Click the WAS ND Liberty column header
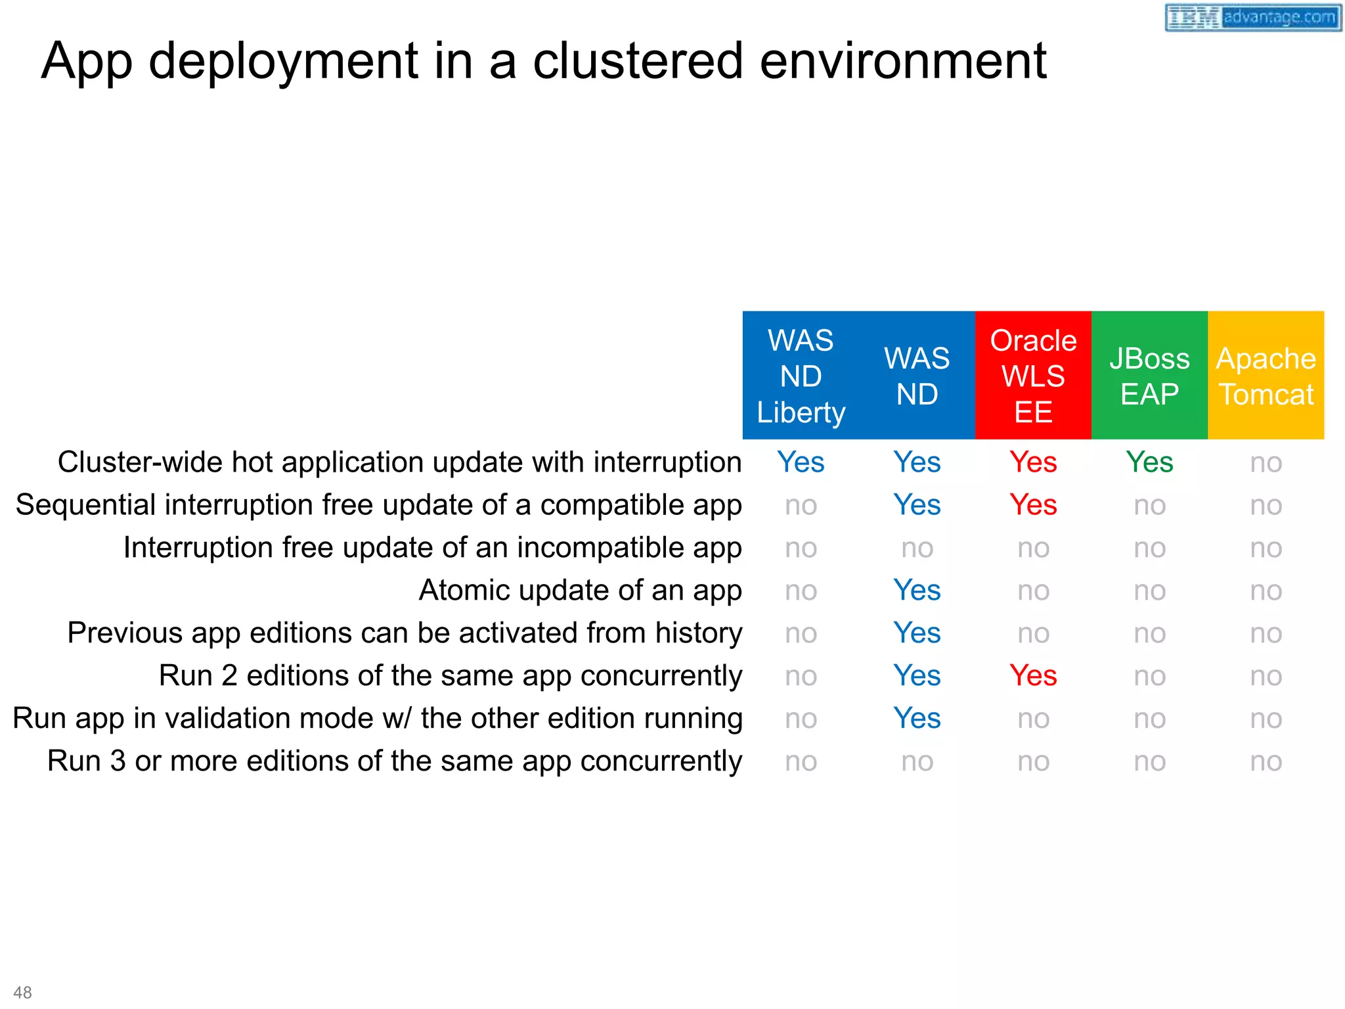[801, 376]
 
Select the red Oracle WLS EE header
[1033, 376]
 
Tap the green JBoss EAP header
[1149, 376]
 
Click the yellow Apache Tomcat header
[1266, 376]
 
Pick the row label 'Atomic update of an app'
[580, 590]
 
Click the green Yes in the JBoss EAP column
[1149, 462]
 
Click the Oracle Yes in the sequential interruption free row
[1033, 505]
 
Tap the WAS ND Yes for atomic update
[917, 591]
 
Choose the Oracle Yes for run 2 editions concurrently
[1033, 676]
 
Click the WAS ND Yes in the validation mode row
[917, 719]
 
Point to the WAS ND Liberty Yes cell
[801, 462]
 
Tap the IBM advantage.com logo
[1252, 17]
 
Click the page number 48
[22, 992]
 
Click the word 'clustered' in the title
[638, 61]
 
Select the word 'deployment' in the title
[283, 61]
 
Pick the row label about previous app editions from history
[405, 633]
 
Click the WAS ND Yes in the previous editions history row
[917, 633]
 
